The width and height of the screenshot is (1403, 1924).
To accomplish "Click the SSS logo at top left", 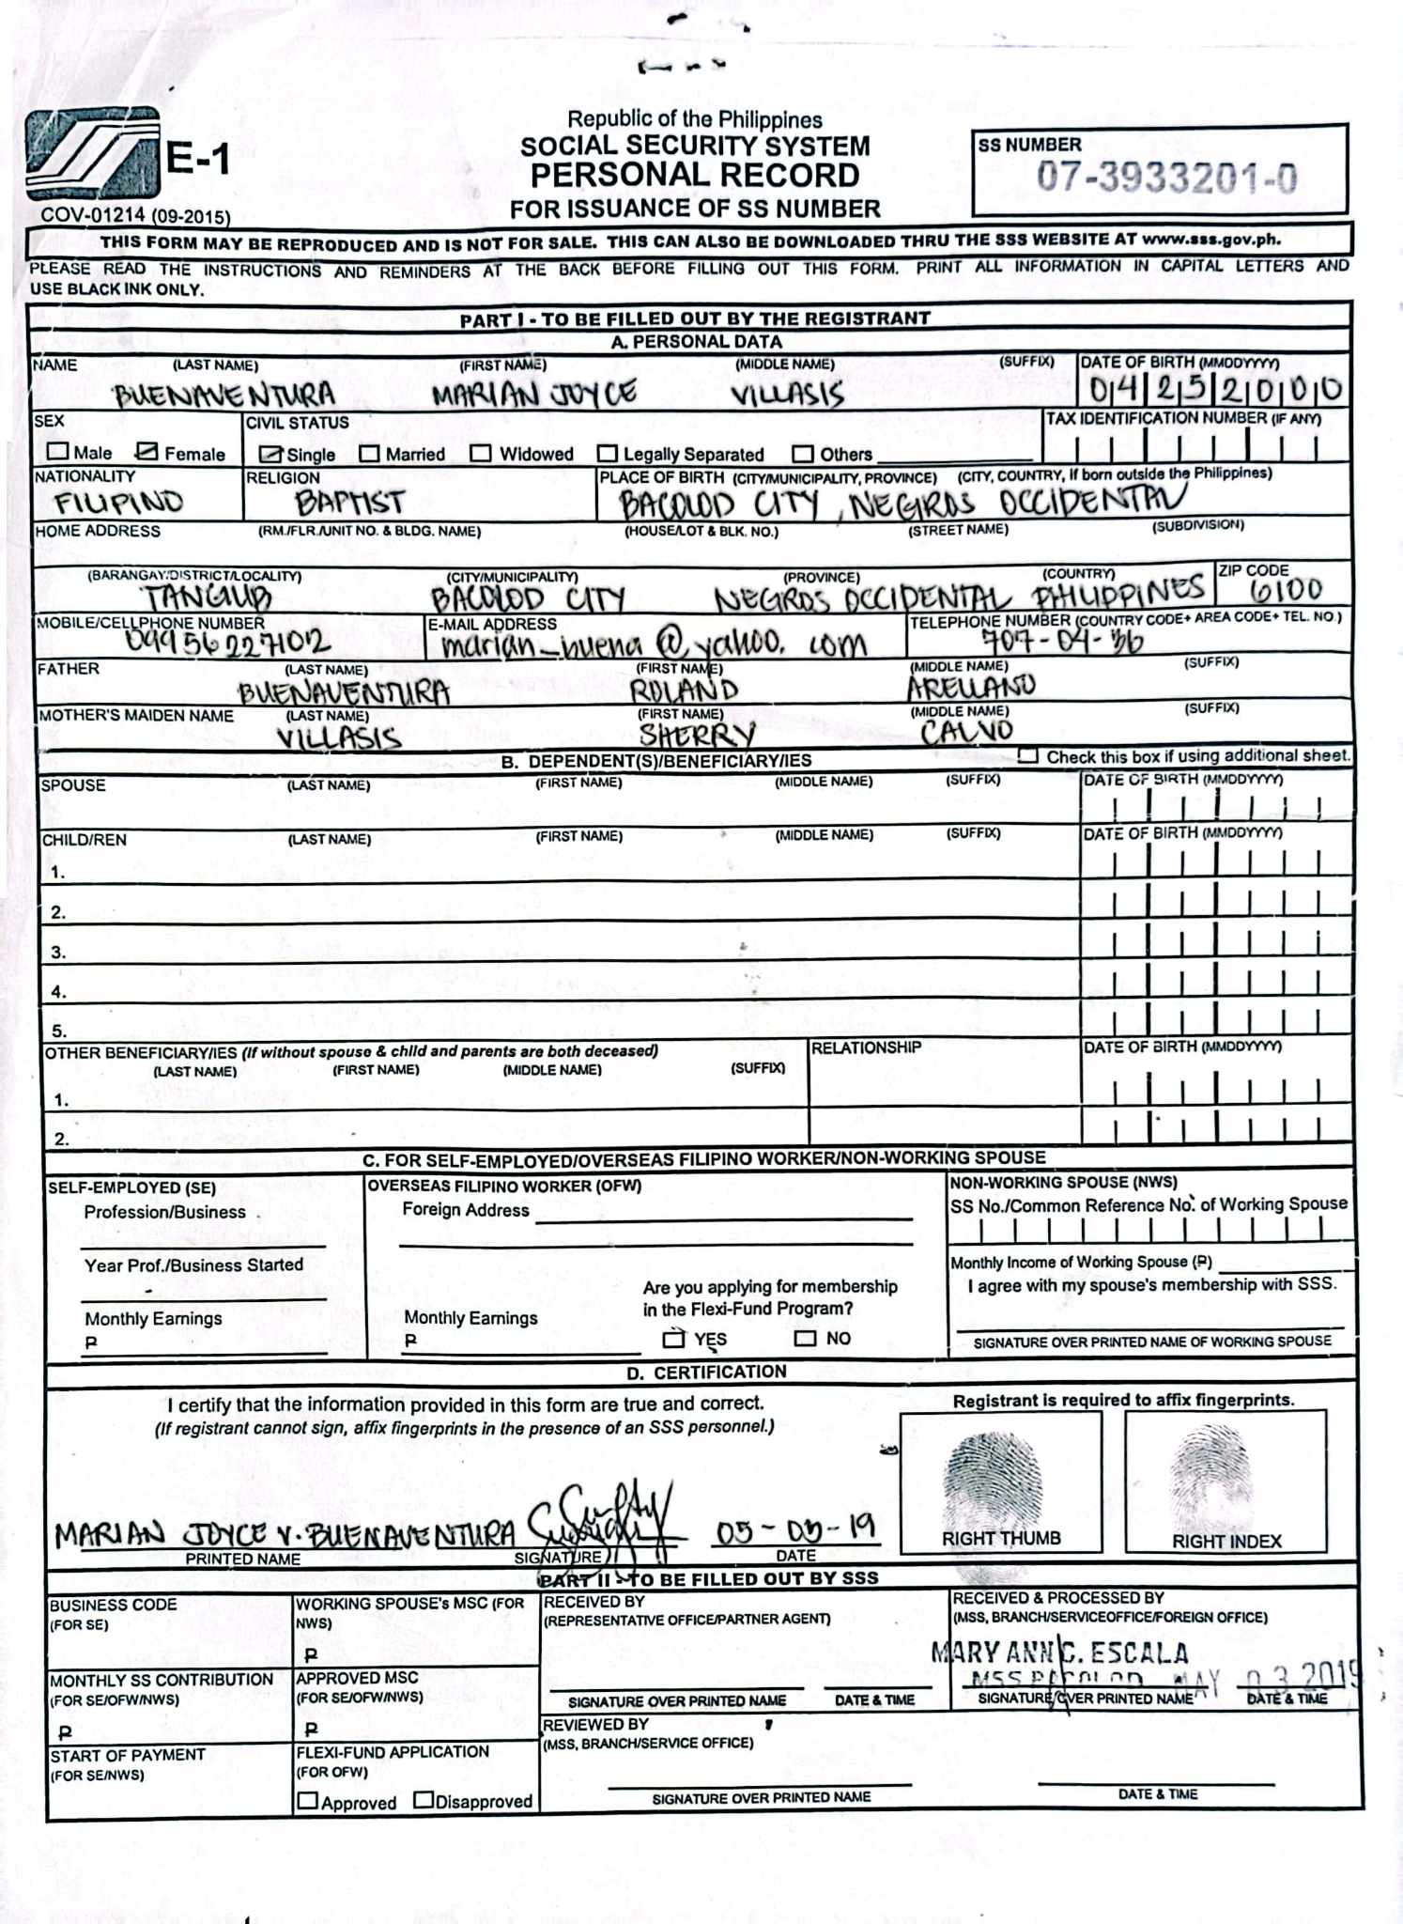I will coord(92,154).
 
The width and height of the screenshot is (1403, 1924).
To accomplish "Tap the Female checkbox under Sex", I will coord(146,452).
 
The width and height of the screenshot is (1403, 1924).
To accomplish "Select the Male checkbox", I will coord(58,452).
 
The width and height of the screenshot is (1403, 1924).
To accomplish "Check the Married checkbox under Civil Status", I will coord(370,454).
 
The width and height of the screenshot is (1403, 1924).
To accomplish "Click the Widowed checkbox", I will coord(481,454).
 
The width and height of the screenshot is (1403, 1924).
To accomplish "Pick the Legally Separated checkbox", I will coord(608,454).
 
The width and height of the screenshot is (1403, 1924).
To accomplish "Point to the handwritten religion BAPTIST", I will coord(349,503).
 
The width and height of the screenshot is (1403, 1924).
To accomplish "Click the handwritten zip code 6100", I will coord(1286,590).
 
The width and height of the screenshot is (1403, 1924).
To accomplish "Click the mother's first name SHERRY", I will coord(696,735).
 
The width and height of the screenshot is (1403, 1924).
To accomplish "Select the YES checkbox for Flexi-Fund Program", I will coord(673,1338).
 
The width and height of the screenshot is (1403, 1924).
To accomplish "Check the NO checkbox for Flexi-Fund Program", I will coord(805,1338).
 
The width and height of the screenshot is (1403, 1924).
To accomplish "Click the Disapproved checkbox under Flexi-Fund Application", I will coord(424,1800).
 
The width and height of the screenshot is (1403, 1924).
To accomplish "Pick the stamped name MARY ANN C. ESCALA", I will coord(1059,1652).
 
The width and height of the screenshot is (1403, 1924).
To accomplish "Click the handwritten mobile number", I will coord(227,642).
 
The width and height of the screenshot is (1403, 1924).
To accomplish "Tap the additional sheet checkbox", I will coord(1028,755).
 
